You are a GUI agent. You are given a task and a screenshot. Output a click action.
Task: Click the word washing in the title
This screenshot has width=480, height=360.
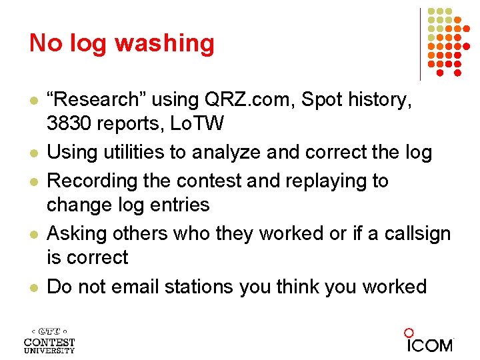point(165,44)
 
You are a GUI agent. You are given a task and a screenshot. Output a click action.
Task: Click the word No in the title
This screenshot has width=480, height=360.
point(45,43)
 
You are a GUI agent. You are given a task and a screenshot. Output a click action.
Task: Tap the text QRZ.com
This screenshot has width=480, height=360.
point(249,100)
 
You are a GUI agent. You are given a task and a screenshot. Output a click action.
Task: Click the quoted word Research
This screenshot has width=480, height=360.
point(95,100)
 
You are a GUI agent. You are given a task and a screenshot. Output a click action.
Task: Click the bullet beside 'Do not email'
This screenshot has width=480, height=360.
point(32,287)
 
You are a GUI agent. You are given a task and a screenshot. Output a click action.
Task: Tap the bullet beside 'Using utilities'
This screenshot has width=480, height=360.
point(32,153)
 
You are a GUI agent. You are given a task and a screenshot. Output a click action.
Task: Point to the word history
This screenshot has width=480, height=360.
point(382,100)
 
